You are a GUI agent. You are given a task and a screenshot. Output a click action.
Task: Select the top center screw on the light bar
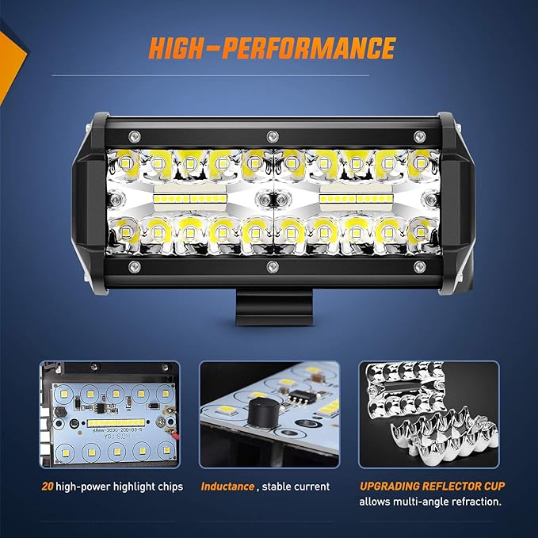click(x=272, y=133)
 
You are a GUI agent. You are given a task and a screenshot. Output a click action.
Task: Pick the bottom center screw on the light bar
click(x=272, y=264)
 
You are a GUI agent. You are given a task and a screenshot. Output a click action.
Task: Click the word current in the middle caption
click(x=311, y=486)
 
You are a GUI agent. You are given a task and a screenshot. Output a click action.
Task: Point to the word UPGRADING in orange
click(x=393, y=486)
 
